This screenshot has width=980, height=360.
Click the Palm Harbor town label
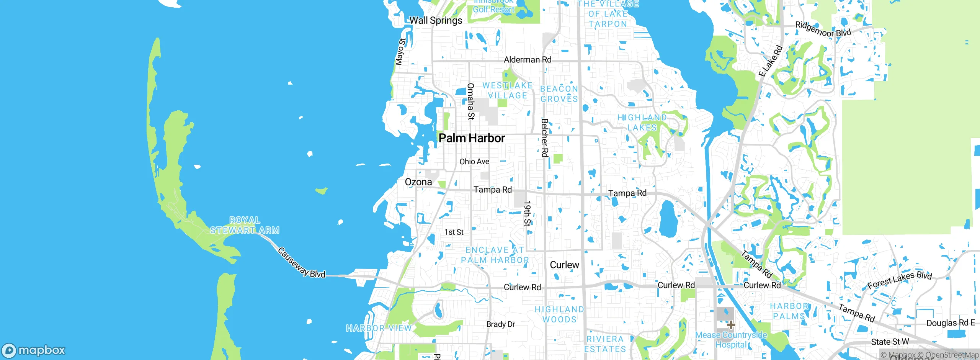tap(472, 138)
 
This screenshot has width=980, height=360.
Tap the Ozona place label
tap(418, 182)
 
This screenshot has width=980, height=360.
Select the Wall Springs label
tap(436, 21)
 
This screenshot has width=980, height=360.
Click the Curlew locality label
tap(564, 265)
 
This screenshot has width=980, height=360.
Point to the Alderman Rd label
tap(528, 60)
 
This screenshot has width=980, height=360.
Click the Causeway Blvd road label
tap(301, 263)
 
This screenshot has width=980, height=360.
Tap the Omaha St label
tap(471, 101)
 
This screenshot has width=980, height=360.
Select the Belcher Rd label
tap(544, 138)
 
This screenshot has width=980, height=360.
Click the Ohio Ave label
tap(474, 162)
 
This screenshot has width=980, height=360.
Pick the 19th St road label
tap(527, 214)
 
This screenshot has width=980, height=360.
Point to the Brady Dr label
tap(500, 324)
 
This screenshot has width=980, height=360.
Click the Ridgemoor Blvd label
tap(823, 30)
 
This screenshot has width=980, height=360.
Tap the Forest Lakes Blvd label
tap(899, 280)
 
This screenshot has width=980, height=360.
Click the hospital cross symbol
tap(731, 325)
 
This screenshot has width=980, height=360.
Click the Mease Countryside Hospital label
tap(731, 340)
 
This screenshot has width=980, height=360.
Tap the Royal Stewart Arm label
tap(245, 225)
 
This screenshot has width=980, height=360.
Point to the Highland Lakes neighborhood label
tap(642, 123)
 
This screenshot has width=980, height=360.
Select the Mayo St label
tap(400, 52)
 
